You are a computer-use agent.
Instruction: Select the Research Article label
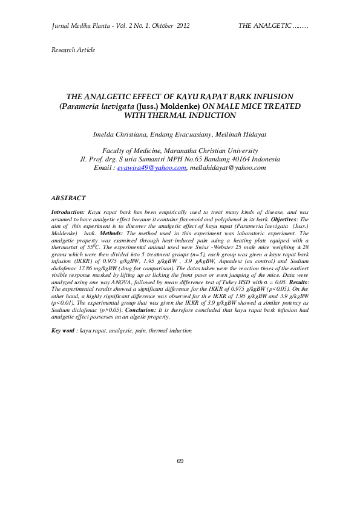point(73,50)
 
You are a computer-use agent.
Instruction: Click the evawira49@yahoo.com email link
point(151,167)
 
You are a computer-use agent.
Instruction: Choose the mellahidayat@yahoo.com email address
point(227,167)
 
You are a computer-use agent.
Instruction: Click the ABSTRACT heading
point(68,198)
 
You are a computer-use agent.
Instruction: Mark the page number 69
point(180,461)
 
